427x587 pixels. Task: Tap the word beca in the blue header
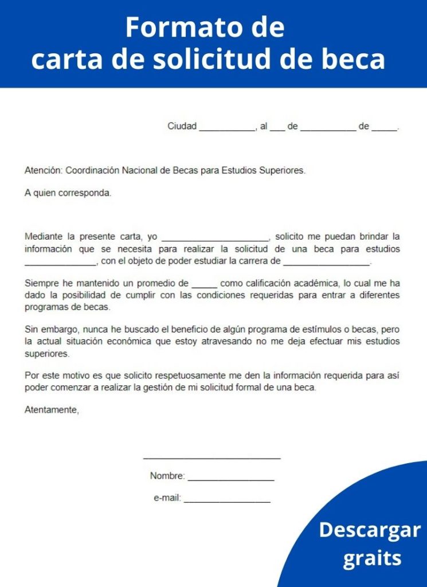(x=354, y=59)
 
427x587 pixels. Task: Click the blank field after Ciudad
(x=227, y=127)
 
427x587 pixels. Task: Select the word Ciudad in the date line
(x=182, y=126)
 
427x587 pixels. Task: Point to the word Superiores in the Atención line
(x=283, y=170)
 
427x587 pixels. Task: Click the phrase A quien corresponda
(x=68, y=193)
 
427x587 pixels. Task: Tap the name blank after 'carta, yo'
(x=215, y=237)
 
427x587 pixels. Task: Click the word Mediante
(x=44, y=236)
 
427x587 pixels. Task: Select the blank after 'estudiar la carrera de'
(x=327, y=263)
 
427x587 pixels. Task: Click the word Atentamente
(x=52, y=410)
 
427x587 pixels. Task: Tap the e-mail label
(x=167, y=499)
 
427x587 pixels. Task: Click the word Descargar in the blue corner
(x=369, y=530)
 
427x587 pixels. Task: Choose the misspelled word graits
(x=372, y=558)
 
